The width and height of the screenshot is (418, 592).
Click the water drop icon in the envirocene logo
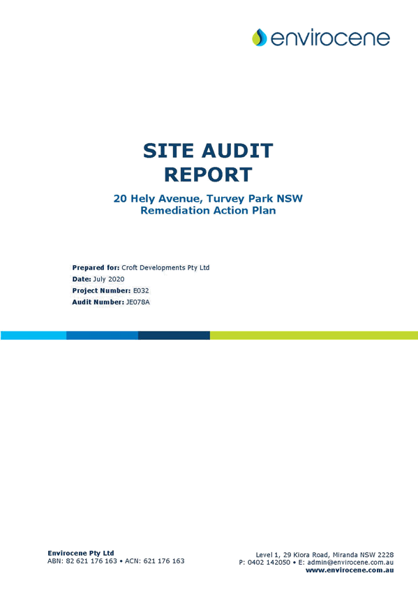260,38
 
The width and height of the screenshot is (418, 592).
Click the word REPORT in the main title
208,175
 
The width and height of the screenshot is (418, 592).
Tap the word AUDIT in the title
237,151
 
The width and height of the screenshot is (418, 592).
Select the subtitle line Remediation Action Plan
208,210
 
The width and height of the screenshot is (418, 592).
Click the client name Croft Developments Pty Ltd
165,267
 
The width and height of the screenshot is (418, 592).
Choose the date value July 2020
109,279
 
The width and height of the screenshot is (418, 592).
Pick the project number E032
141,290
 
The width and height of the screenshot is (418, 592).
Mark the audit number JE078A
137,302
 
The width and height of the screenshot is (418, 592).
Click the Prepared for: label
96,267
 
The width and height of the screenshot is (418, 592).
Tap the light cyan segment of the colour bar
33,335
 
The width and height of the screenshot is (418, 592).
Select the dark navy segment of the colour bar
174,335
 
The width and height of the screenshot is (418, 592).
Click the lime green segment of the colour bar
314,335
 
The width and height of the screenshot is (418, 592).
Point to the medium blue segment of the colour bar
103,335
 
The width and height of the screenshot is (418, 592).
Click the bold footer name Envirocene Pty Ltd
81,553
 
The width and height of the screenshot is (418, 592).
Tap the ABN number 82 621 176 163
91,561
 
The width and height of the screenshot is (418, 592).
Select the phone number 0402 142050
269,563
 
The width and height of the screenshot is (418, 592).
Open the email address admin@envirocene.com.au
350,563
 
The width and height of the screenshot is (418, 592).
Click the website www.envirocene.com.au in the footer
350,570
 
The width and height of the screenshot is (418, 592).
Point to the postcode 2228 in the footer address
386,554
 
